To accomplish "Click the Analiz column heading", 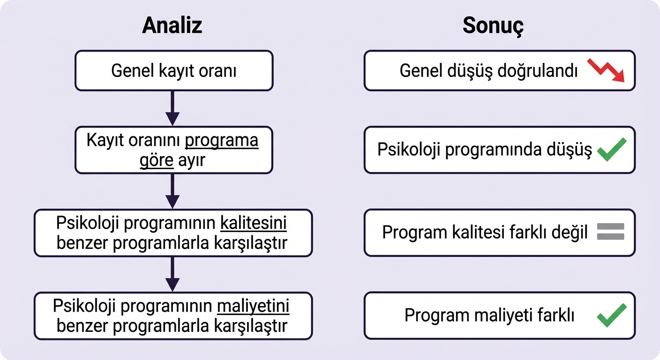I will (172, 25).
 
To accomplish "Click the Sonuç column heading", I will (493, 26).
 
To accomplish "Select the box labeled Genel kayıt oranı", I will (173, 71).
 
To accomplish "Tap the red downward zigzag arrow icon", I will (607, 71).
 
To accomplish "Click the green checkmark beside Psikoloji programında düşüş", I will (612, 150).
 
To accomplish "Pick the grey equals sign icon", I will (610, 232).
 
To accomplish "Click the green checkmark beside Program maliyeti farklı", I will (612, 315).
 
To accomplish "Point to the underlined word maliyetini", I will (253, 307).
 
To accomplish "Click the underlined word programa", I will (222, 141).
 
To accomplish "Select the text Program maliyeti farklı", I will (489, 315).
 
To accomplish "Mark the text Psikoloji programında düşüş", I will (485, 150).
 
